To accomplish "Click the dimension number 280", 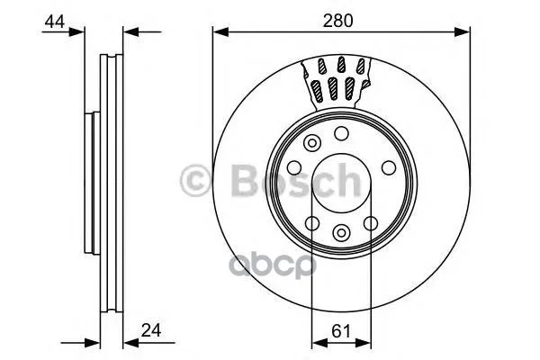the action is tap(337, 21).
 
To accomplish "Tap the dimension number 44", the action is tap(54, 22).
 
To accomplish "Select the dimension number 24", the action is tap(151, 330).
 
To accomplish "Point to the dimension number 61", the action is tap(341, 331).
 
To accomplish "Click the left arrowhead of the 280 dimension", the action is tap(220, 32).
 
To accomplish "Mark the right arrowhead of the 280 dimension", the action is tap(463, 32).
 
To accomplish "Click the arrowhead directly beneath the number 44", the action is tap(76, 32).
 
